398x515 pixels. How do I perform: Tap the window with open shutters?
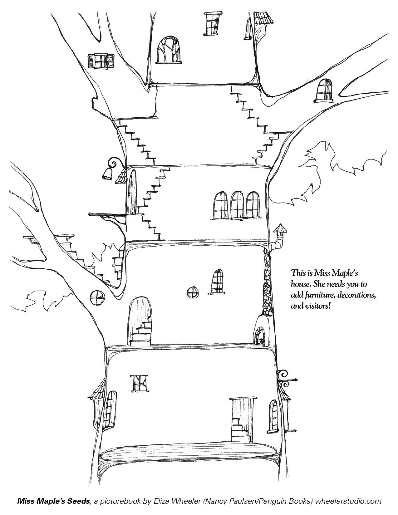click(101, 61)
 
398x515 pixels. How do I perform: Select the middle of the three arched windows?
click(237, 205)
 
